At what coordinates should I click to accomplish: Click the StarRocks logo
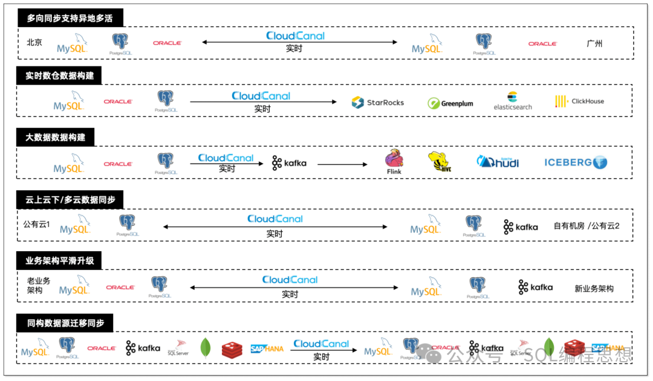click(x=377, y=102)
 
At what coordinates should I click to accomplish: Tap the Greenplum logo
click(x=450, y=103)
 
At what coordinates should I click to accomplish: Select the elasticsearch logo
click(x=513, y=101)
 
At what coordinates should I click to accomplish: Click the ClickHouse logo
click(x=579, y=101)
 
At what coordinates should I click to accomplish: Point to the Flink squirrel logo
click(x=394, y=161)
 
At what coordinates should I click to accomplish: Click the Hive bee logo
click(x=440, y=162)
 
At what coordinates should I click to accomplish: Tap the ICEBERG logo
click(x=575, y=162)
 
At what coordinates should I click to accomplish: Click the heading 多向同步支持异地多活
click(x=70, y=18)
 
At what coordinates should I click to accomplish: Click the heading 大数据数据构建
click(x=55, y=137)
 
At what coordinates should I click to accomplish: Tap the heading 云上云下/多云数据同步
click(x=70, y=199)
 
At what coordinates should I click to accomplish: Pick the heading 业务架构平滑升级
click(x=59, y=261)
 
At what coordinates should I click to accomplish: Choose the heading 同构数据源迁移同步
click(x=65, y=323)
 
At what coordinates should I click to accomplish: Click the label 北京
click(x=34, y=43)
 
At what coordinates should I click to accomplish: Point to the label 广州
click(x=594, y=43)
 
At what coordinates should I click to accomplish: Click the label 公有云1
click(x=37, y=225)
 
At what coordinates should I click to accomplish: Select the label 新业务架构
click(x=594, y=289)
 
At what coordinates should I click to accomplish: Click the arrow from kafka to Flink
click(x=342, y=164)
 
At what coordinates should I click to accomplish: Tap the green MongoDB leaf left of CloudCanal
click(x=206, y=348)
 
